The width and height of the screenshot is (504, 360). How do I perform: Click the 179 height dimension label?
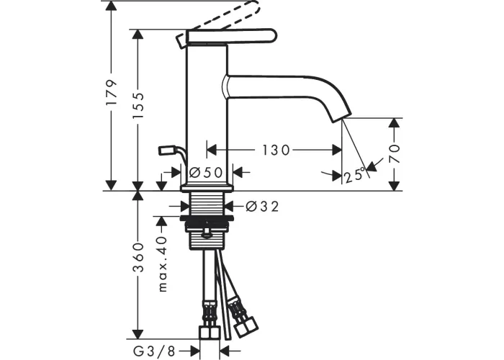(x=111, y=93)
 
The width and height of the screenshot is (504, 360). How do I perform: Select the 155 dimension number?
(x=139, y=105)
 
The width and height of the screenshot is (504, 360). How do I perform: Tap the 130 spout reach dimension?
(x=276, y=150)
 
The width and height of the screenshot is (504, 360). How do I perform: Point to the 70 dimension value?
(x=394, y=153)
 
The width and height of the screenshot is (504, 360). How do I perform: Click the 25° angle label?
(x=355, y=175)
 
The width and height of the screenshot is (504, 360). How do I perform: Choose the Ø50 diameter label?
(x=206, y=173)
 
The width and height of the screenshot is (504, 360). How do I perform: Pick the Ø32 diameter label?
(x=262, y=207)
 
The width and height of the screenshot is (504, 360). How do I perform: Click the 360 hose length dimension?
(x=139, y=257)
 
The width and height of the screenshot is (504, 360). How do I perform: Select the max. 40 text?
(x=163, y=264)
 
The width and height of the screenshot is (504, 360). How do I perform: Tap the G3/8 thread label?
(x=154, y=351)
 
